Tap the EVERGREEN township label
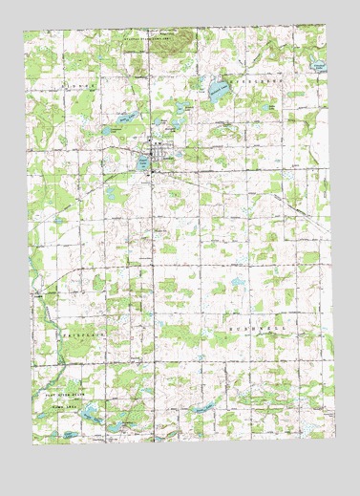[x=250, y=83]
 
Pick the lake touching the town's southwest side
[x=143, y=164]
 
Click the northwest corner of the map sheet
[x=25, y=31]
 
